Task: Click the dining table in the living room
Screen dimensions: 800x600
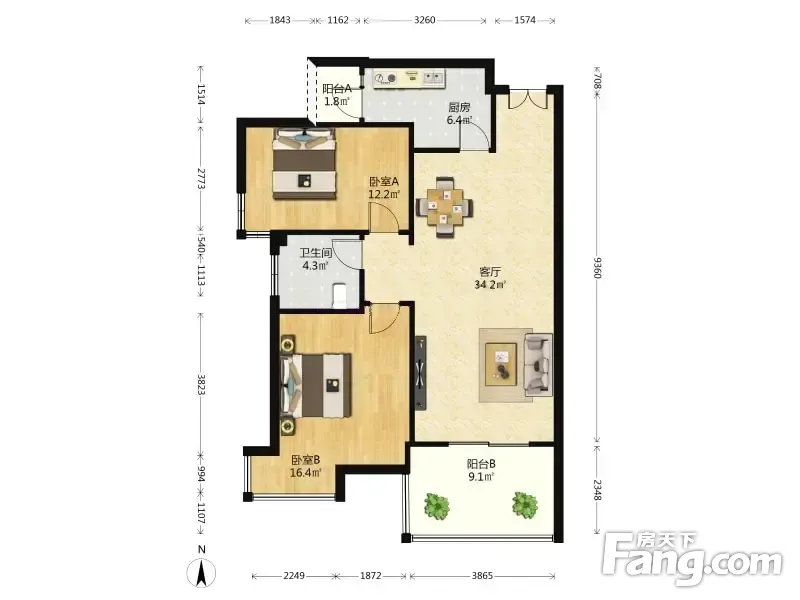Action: point(445,207)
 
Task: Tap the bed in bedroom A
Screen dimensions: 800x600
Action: point(305,164)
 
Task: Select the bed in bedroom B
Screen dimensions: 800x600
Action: point(316,385)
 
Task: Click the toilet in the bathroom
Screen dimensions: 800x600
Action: point(339,296)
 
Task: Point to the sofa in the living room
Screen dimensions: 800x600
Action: point(538,364)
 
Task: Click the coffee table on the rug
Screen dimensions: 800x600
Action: point(501,364)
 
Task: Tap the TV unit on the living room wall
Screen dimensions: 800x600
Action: point(420,373)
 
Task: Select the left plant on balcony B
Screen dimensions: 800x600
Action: point(437,505)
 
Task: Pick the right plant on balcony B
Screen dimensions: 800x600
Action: point(525,505)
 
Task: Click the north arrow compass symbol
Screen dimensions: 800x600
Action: point(202,572)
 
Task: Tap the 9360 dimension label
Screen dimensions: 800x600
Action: point(597,268)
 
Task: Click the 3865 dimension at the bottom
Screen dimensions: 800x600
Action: point(482,576)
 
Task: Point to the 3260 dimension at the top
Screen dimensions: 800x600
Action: point(424,20)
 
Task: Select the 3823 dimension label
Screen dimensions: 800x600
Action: point(202,385)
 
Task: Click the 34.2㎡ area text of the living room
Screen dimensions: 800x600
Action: point(490,285)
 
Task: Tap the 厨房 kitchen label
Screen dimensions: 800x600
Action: point(459,108)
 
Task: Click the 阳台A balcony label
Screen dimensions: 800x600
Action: point(337,89)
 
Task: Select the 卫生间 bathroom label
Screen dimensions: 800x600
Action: point(315,253)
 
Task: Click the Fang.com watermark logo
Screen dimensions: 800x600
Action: point(692,560)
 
